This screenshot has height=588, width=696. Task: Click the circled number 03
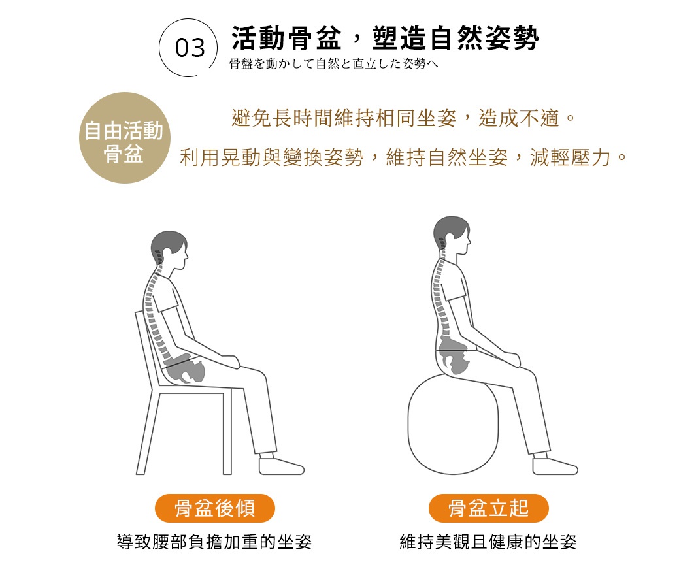pos(190,48)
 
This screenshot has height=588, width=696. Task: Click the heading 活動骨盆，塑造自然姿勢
pos(385,38)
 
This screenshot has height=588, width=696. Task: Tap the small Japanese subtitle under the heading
pos(333,64)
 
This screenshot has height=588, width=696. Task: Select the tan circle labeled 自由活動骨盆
pos(125,138)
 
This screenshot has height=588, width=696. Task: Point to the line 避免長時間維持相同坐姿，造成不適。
pos(403,118)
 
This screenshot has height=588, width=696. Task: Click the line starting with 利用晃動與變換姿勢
pos(403,157)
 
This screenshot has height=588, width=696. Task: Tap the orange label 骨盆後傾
pos(215,508)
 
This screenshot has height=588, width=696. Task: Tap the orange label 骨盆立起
pos(489,508)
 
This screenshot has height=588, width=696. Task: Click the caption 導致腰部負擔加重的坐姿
pos(214,542)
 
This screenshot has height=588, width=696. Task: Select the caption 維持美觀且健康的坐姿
pos(488,542)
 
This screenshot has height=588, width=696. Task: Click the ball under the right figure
pos(453,424)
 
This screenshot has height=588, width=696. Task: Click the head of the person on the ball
pos(452,235)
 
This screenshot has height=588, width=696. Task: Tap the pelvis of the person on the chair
pos(186,368)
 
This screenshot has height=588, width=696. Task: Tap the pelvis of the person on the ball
pos(454,355)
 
